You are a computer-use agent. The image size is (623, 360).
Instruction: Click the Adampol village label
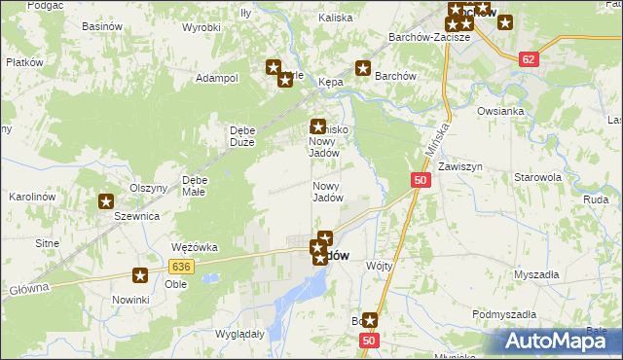217,78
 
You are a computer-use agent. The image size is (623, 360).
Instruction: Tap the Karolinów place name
29,197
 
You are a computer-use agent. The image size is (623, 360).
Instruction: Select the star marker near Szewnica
105,202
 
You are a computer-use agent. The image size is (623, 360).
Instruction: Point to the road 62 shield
529,59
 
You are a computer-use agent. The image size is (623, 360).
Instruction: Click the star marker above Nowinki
140,276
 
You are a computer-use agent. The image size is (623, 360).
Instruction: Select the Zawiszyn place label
459,167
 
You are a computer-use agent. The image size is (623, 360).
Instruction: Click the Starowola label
538,178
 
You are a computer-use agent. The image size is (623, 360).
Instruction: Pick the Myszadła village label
535,274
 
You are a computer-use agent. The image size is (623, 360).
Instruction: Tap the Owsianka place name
501,111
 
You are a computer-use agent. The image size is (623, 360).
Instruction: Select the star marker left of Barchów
363,68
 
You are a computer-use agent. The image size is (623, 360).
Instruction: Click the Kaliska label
335,18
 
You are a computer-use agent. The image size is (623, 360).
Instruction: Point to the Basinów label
55,25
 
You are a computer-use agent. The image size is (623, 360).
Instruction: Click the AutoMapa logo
555,342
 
